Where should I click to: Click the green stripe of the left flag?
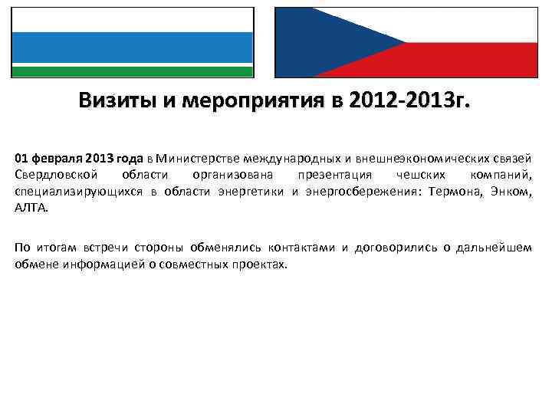[132, 71]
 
